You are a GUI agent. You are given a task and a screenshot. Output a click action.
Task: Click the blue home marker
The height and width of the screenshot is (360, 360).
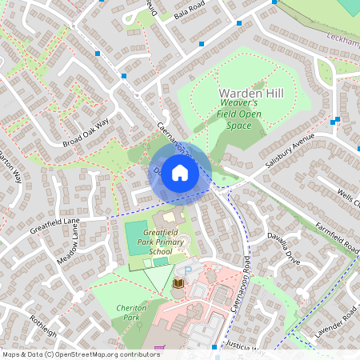pos(180,173)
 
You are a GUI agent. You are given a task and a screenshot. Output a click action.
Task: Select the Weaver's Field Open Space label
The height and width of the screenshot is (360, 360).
pos(239,114)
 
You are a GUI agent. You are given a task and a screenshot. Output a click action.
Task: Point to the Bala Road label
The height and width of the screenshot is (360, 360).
pos(190,14)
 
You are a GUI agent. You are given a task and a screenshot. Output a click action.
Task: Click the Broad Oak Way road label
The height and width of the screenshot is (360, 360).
pos(84,131)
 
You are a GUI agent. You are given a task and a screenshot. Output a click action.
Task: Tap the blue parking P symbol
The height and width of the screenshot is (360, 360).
pos(188,270)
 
